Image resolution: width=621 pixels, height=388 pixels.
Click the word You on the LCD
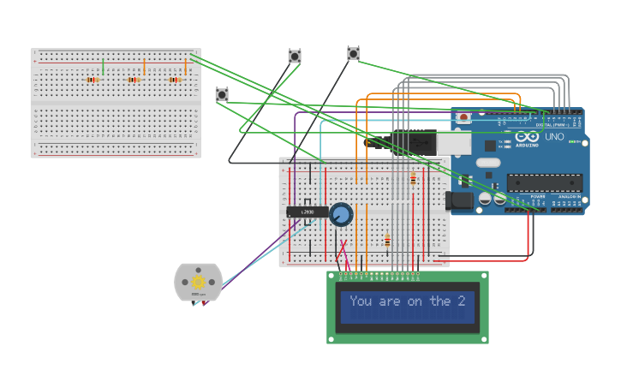[x=361, y=301]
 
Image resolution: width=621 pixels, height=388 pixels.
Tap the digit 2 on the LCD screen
[x=461, y=301]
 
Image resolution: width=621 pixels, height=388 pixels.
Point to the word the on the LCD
[x=440, y=301]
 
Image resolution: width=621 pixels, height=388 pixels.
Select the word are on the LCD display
[x=389, y=301]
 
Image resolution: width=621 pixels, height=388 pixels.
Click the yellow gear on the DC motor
[x=198, y=282]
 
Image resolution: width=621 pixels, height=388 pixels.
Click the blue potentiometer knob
[x=341, y=214]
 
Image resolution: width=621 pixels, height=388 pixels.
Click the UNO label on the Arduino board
[x=554, y=136]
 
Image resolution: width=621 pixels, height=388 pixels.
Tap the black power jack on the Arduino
[x=459, y=200]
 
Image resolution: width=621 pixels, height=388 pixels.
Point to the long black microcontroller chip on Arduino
[x=545, y=182]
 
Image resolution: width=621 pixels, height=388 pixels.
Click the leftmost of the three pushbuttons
[x=222, y=94]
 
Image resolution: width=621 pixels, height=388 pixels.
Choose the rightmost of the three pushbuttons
[x=353, y=54]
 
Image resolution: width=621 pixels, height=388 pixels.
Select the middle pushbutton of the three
[x=295, y=57]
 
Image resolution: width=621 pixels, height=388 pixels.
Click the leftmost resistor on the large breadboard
[x=93, y=80]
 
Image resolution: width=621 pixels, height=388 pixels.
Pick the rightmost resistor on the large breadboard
[x=175, y=80]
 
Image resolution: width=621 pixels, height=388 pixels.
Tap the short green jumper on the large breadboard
[x=103, y=66]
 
